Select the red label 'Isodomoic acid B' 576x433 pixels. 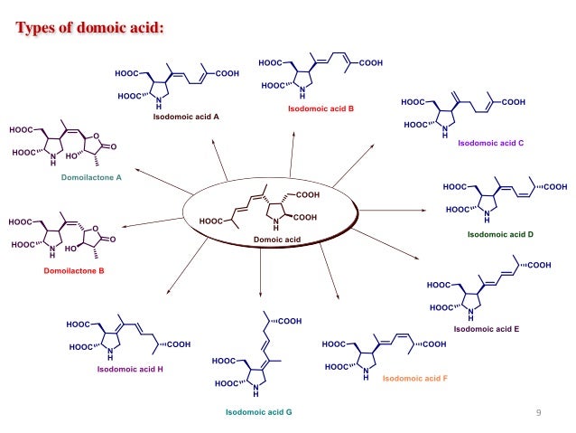pyautogui.click(x=321, y=108)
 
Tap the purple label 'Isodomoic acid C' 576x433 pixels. pyautogui.click(x=491, y=143)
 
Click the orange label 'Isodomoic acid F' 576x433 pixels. pyautogui.click(x=414, y=379)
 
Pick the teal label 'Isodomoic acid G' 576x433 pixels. pyautogui.click(x=258, y=411)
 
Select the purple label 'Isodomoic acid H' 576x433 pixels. pyautogui.click(x=130, y=370)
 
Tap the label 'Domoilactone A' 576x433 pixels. pyautogui.click(x=91, y=178)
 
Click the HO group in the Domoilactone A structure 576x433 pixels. pyautogui.click(x=71, y=155)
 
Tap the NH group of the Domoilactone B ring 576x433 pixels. pyautogui.click(x=52, y=253)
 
